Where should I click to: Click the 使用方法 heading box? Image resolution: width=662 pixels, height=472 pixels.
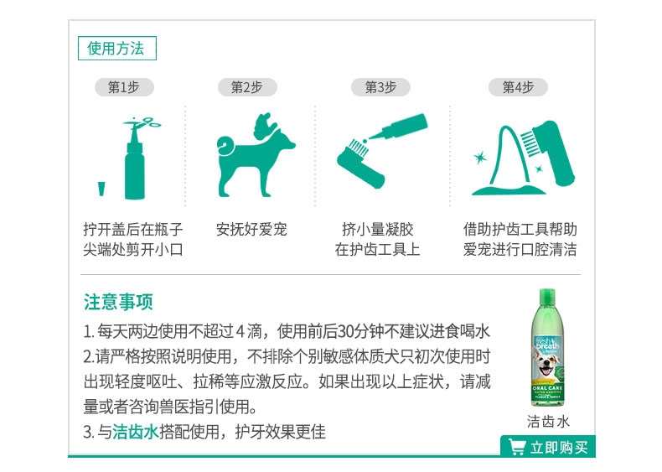tap(117, 48)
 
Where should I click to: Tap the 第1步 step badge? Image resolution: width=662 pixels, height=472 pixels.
tap(124, 87)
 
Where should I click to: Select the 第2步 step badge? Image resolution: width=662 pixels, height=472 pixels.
tap(247, 87)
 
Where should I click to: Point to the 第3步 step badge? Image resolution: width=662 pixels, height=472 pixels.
tap(380, 87)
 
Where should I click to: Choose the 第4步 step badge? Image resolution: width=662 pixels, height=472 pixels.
tap(518, 87)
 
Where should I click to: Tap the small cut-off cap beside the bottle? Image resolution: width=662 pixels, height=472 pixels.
tap(101, 189)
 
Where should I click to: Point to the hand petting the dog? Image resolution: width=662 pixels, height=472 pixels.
tap(265, 125)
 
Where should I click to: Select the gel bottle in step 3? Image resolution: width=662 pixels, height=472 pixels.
tap(398, 127)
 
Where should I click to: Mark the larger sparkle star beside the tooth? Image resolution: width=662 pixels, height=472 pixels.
tap(479, 158)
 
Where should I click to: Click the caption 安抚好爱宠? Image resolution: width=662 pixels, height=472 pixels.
tap(251, 230)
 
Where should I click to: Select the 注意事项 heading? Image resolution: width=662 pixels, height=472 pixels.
tap(118, 302)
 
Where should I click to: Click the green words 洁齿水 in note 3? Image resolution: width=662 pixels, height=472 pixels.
tap(136, 432)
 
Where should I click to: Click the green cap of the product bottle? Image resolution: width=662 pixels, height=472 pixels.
tap(547, 293)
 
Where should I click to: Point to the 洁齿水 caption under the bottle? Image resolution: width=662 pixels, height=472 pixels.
tap(548, 422)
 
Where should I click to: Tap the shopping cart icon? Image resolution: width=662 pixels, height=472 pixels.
tap(517, 447)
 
